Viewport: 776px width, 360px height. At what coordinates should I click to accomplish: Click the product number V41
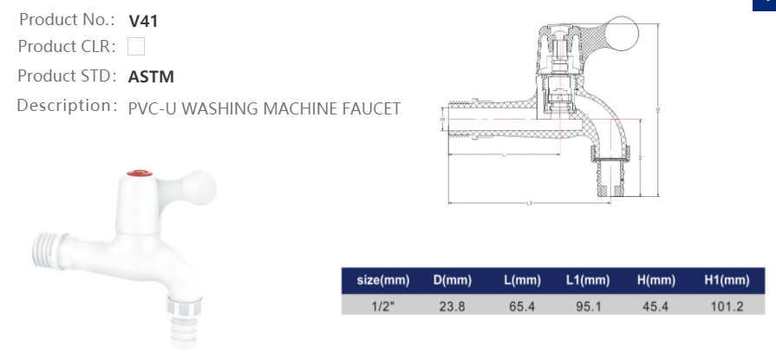(x=142, y=20)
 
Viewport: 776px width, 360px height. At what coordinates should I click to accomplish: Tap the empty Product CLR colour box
(x=135, y=47)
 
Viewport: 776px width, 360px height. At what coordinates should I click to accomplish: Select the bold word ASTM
(x=151, y=76)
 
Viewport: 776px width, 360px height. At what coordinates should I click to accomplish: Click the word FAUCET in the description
(x=371, y=108)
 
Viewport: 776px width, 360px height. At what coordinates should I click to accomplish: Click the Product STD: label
(x=68, y=75)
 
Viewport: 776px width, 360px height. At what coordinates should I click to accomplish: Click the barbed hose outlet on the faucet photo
(x=184, y=330)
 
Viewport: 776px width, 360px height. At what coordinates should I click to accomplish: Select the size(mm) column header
(x=382, y=281)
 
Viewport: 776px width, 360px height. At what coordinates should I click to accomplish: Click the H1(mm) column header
(x=726, y=281)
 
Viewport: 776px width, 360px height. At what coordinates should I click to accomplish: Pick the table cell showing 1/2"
(x=382, y=305)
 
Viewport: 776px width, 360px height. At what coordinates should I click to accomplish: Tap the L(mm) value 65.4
(x=522, y=305)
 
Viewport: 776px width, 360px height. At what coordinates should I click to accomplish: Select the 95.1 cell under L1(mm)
(x=588, y=305)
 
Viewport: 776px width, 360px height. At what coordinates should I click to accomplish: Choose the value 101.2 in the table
(x=726, y=305)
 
